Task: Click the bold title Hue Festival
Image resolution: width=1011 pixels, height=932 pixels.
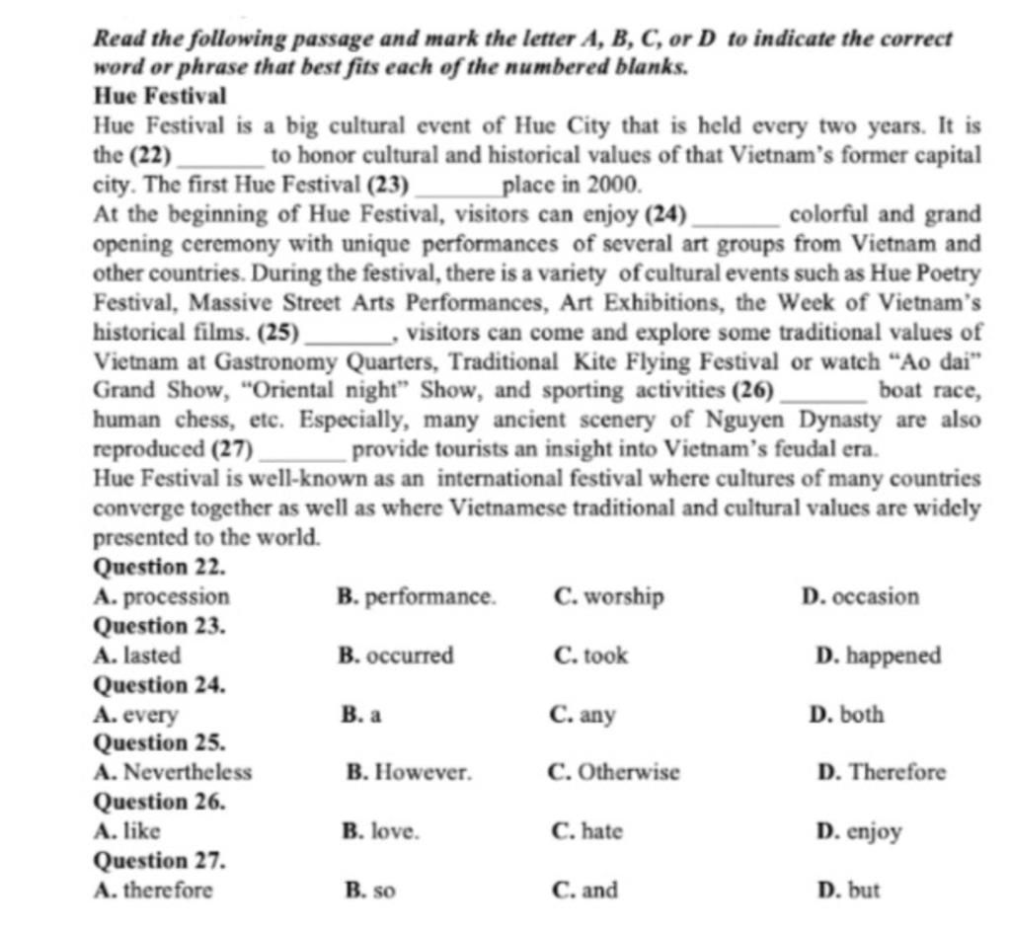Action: point(160,97)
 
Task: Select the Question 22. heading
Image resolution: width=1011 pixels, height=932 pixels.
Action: point(160,568)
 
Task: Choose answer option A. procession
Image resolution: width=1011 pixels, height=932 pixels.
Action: point(162,596)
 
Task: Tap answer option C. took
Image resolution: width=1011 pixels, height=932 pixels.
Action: point(591,656)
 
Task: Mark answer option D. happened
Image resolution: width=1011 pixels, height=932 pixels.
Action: point(879,656)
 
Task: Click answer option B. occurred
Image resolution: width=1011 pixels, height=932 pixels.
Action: point(396,656)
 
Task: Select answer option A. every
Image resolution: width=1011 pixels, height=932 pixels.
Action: point(136,714)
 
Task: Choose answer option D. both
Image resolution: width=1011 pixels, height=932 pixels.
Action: point(846,714)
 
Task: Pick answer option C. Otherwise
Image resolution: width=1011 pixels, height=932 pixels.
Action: point(613,772)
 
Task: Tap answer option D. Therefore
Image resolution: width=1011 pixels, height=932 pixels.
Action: point(882,772)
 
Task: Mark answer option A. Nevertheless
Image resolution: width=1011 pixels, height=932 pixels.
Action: point(173,772)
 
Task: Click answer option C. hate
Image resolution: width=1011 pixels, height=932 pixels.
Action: point(588,831)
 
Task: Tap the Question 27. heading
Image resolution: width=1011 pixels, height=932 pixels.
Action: point(160,861)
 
